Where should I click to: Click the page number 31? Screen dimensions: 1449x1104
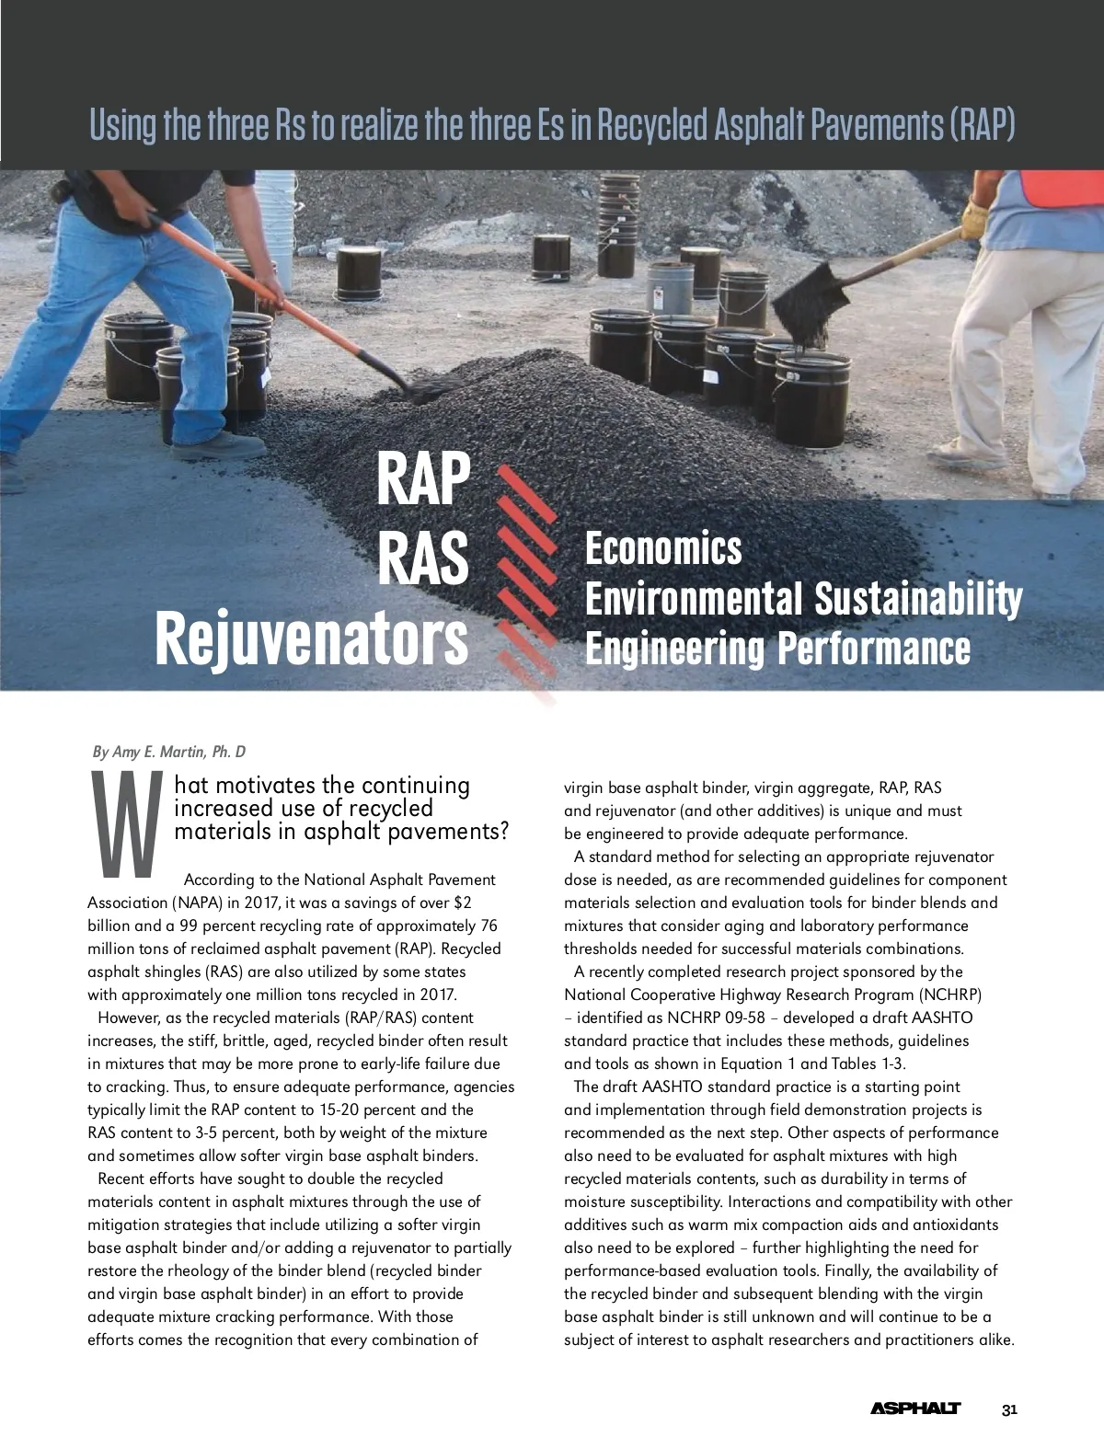click(1009, 1409)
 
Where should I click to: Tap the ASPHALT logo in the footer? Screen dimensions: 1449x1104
click(914, 1409)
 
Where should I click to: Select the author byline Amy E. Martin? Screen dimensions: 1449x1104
click(169, 752)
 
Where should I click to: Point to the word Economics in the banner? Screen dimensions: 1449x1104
click(663, 549)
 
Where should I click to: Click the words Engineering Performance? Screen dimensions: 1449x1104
click(777, 648)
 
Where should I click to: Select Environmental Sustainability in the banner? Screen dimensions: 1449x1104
click(803, 599)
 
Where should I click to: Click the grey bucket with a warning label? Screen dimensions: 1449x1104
click(670, 289)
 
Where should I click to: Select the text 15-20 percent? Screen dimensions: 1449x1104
click(360, 1110)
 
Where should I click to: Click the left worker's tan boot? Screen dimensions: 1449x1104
click(218, 446)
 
